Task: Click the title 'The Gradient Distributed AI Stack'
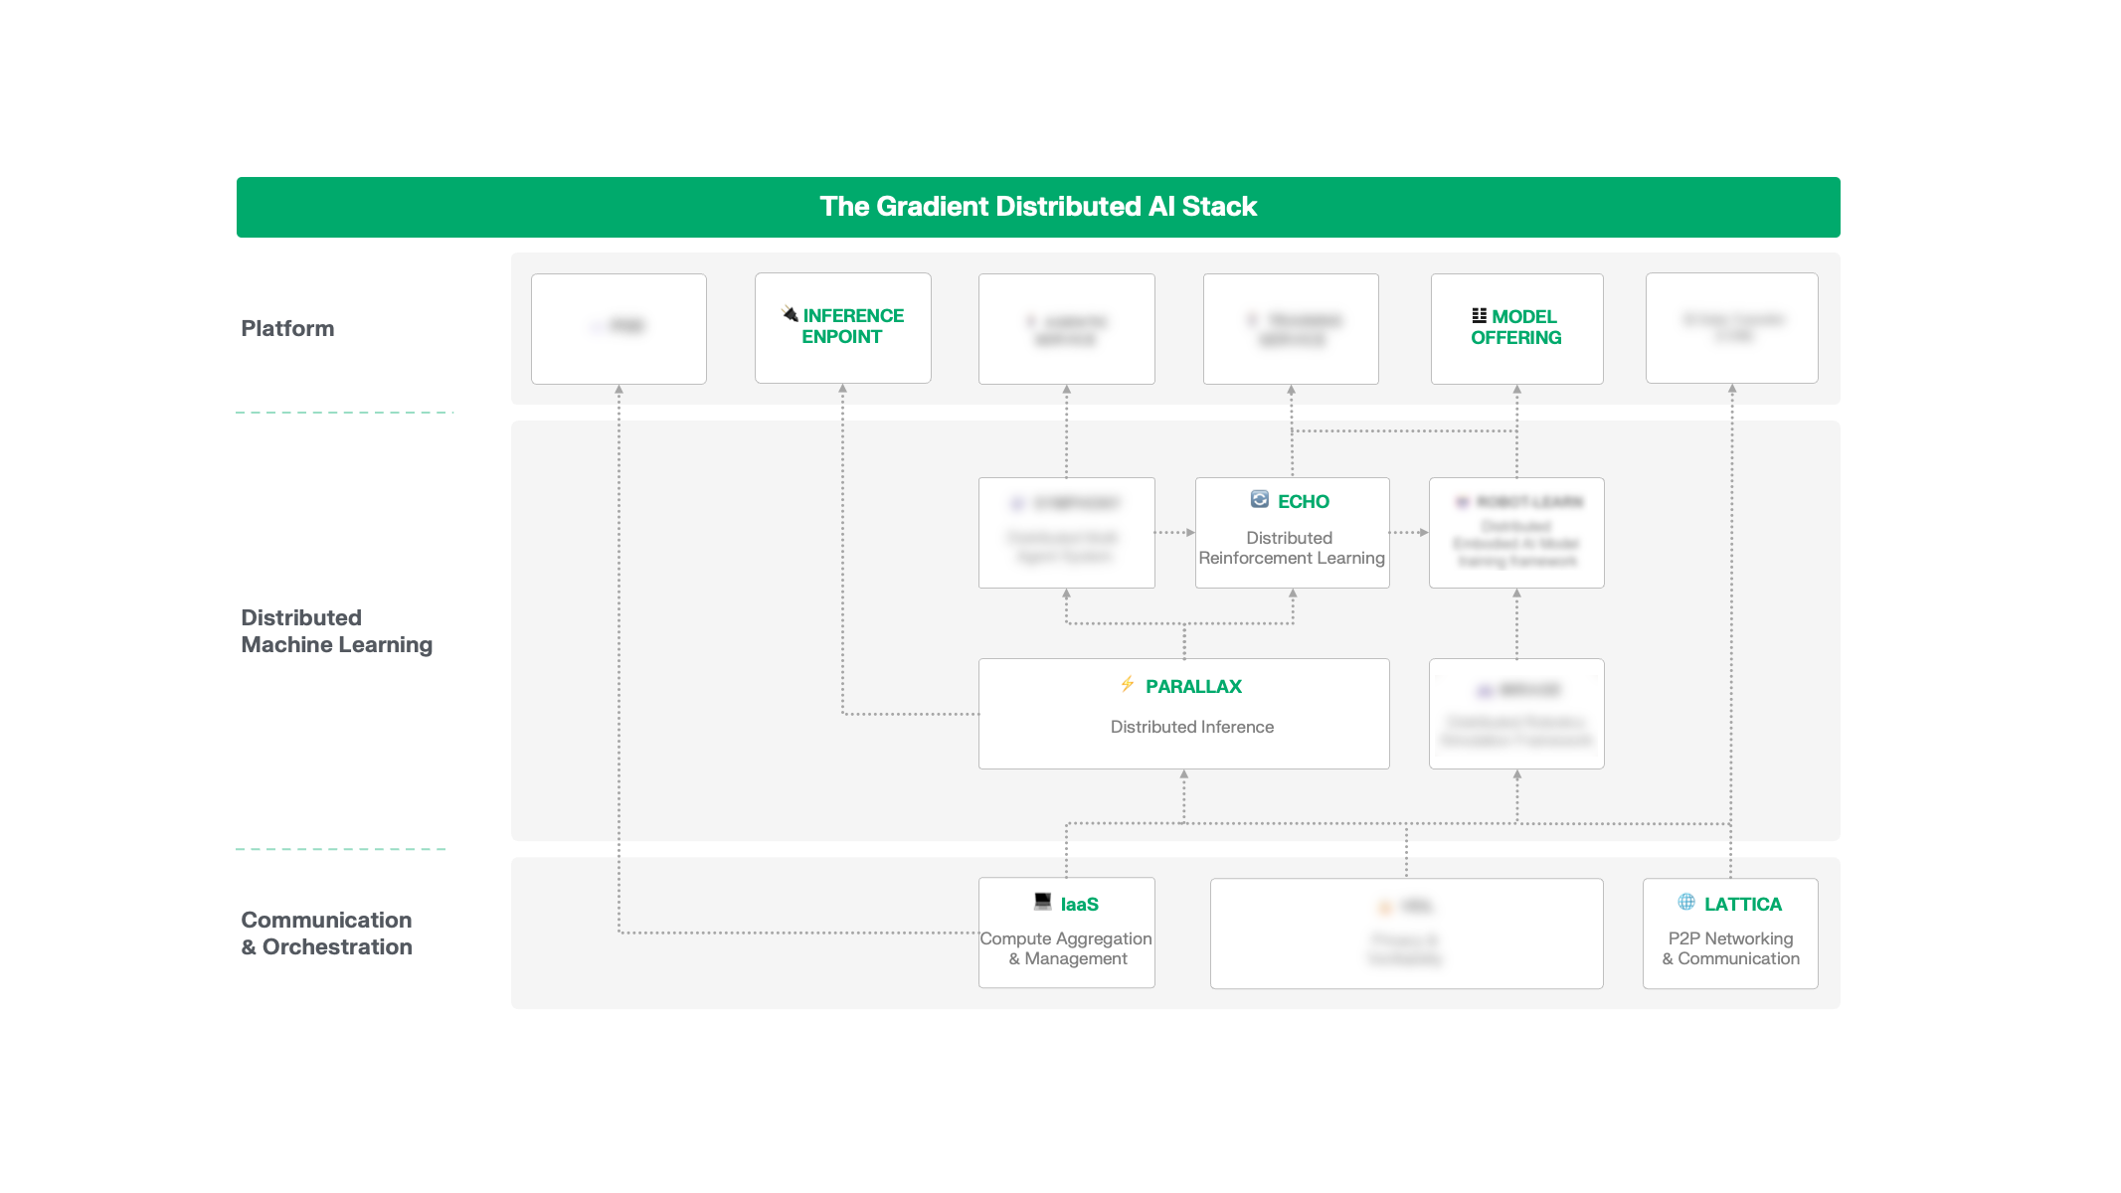[x=1038, y=207]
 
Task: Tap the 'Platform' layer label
[x=287, y=329]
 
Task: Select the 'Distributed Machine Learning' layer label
[x=336, y=631]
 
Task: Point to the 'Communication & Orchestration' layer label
[x=326, y=934]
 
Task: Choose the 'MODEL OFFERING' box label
[x=1516, y=327]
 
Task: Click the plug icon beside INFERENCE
[x=790, y=314]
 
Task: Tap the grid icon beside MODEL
[x=1479, y=316]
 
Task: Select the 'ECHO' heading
[x=1303, y=502]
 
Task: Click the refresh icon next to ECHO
[x=1260, y=499]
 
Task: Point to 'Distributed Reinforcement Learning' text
[x=1291, y=548]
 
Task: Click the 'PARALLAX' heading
[x=1193, y=687]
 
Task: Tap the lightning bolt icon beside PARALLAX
[x=1128, y=684]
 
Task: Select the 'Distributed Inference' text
[x=1191, y=727]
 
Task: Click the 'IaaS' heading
[x=1079, y=905]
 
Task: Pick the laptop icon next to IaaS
[x=1042, y=901]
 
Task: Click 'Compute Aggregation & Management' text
[x=1066, y=948]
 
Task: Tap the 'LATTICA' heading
[x=1742, y=905]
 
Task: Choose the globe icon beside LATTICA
[x=1686, y=902]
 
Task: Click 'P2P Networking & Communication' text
[x=1730, y=948]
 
